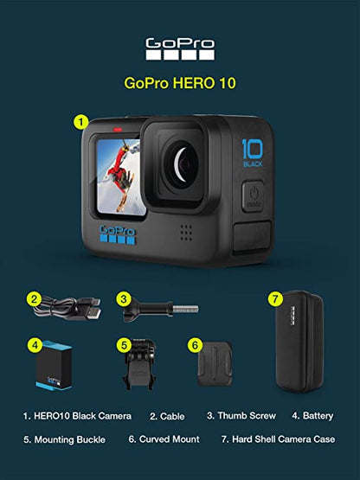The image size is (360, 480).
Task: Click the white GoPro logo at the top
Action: click(180, 49)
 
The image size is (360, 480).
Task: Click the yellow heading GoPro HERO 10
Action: click(180, 83)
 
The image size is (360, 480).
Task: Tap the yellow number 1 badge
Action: click(80, 123)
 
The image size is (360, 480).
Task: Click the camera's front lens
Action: click(182, 165)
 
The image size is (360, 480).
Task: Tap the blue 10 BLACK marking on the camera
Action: click(253, 153)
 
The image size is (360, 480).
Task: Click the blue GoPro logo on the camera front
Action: click(118, 234)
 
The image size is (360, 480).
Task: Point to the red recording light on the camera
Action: click(118, 130)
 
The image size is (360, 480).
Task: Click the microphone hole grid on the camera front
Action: click(186, 233)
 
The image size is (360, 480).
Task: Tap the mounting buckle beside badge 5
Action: click(139, 364)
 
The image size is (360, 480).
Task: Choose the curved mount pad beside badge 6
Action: click(215, 364)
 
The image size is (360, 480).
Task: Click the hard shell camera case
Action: click(299, 342)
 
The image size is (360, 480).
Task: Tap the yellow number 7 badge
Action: click(275, 298)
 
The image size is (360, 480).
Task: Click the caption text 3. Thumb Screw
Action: click(241, 416)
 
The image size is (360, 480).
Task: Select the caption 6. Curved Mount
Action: click(164, 439)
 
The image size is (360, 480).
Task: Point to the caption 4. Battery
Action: click(312, 416)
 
